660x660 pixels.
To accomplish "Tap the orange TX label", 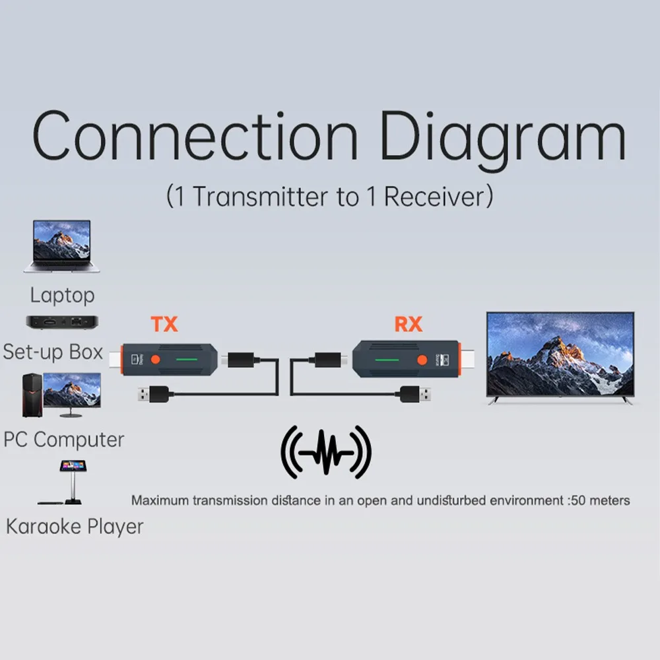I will click(164, 324).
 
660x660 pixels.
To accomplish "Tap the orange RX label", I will click(408, 324).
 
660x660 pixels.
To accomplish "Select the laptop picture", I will click(61, 246).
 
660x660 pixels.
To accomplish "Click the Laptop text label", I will click(62, 295).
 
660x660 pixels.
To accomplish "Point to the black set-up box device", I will click(61, 322).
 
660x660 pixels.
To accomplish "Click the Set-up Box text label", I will click(53, 351).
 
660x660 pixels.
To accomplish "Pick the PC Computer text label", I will click(63, 439).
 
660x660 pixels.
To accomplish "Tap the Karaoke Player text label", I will click(74, 526).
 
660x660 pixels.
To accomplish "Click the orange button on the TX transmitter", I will click(156, 360).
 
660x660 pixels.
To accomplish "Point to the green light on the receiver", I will click(384, 360).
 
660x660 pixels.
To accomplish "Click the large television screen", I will click(560, 354).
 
